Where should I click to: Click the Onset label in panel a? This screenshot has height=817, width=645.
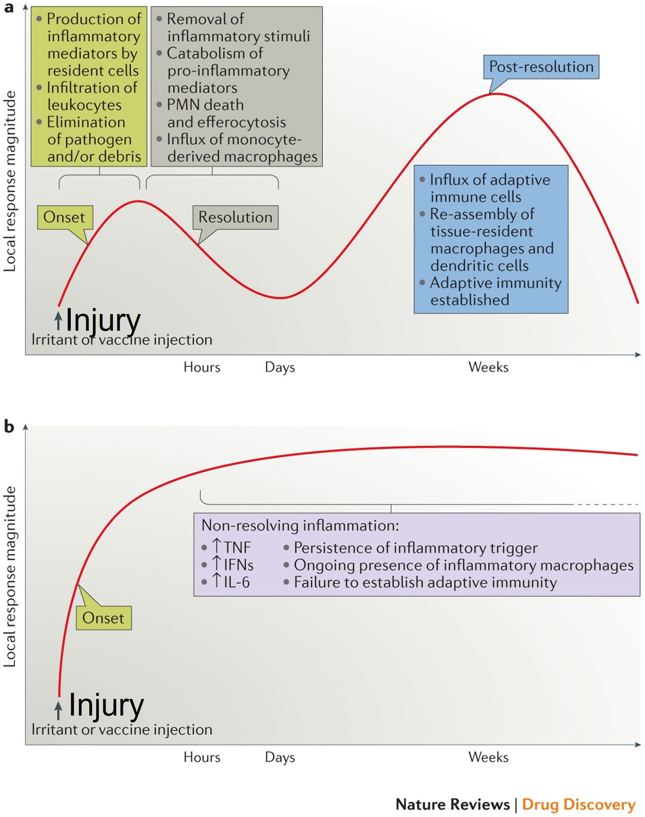(65, 217)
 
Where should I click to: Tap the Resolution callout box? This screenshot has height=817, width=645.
(235, 217)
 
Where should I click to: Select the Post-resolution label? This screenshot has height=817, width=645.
(541, 67)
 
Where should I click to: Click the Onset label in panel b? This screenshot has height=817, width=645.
(103, 618)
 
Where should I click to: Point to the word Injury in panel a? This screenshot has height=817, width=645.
(103, 320)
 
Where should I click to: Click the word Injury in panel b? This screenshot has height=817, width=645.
(106, 705)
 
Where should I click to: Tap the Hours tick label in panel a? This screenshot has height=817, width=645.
(202, 367)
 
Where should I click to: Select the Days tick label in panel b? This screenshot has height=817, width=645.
(280, 757)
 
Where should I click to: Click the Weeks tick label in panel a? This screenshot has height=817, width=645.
(488, 367)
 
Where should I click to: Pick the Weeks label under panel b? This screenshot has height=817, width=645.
(488, 757)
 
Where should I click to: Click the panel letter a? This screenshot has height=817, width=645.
(9, 8)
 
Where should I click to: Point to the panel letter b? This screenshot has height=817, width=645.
(9, 427)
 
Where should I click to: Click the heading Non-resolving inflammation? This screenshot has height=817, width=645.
(300, 525)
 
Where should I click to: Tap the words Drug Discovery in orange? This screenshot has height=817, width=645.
(578, 805)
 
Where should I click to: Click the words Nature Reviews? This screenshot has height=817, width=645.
(452, 805)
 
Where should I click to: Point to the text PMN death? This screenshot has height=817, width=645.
(205, 105)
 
